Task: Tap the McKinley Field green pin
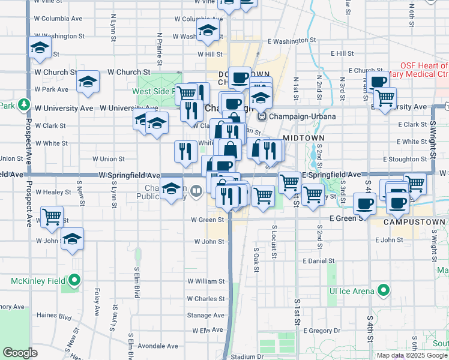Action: coord(74,280)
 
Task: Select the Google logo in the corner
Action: coord(20,353)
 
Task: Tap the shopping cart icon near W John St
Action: coord(52,215)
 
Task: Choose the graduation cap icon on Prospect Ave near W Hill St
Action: coord(40,49)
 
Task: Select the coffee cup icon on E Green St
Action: coord(364,204)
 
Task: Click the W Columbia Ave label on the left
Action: coord(59,19)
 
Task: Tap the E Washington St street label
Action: coord(292,41)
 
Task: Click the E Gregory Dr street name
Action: coord(321,331)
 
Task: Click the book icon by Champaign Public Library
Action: coord(197,191)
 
